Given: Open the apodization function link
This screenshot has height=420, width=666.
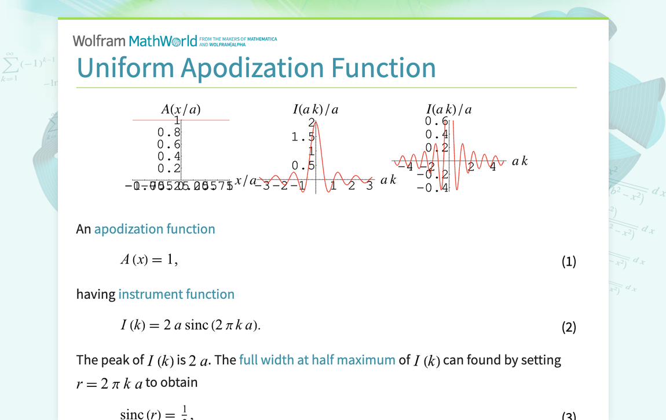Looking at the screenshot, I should coord(155,229).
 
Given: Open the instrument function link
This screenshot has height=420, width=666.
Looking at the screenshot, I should coord(176,294).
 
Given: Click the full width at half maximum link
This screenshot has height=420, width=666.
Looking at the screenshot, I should coord(317,360).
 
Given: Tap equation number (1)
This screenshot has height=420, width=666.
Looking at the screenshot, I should coord(569,262).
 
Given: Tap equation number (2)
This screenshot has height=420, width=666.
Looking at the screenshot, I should coord(569,327).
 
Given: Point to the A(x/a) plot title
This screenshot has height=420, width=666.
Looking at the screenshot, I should coord(181,109).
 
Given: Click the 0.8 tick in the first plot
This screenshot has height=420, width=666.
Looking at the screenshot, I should coord(169,132).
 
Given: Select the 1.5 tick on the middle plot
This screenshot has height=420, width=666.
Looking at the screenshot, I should coord(302,137).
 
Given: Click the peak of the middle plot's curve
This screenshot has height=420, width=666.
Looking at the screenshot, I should coord(315,121).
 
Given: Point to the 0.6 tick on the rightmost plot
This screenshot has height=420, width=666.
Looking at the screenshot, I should coord(436,121).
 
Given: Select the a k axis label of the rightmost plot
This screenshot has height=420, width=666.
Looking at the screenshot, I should coord(519,161).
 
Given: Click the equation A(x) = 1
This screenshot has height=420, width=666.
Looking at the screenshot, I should coord(149,260).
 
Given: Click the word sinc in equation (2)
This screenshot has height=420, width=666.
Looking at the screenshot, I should coord(196,325).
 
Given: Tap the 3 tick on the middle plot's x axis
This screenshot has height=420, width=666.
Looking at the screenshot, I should coord(369,186).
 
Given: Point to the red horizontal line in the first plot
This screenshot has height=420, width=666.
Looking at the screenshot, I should coord(203,120).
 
